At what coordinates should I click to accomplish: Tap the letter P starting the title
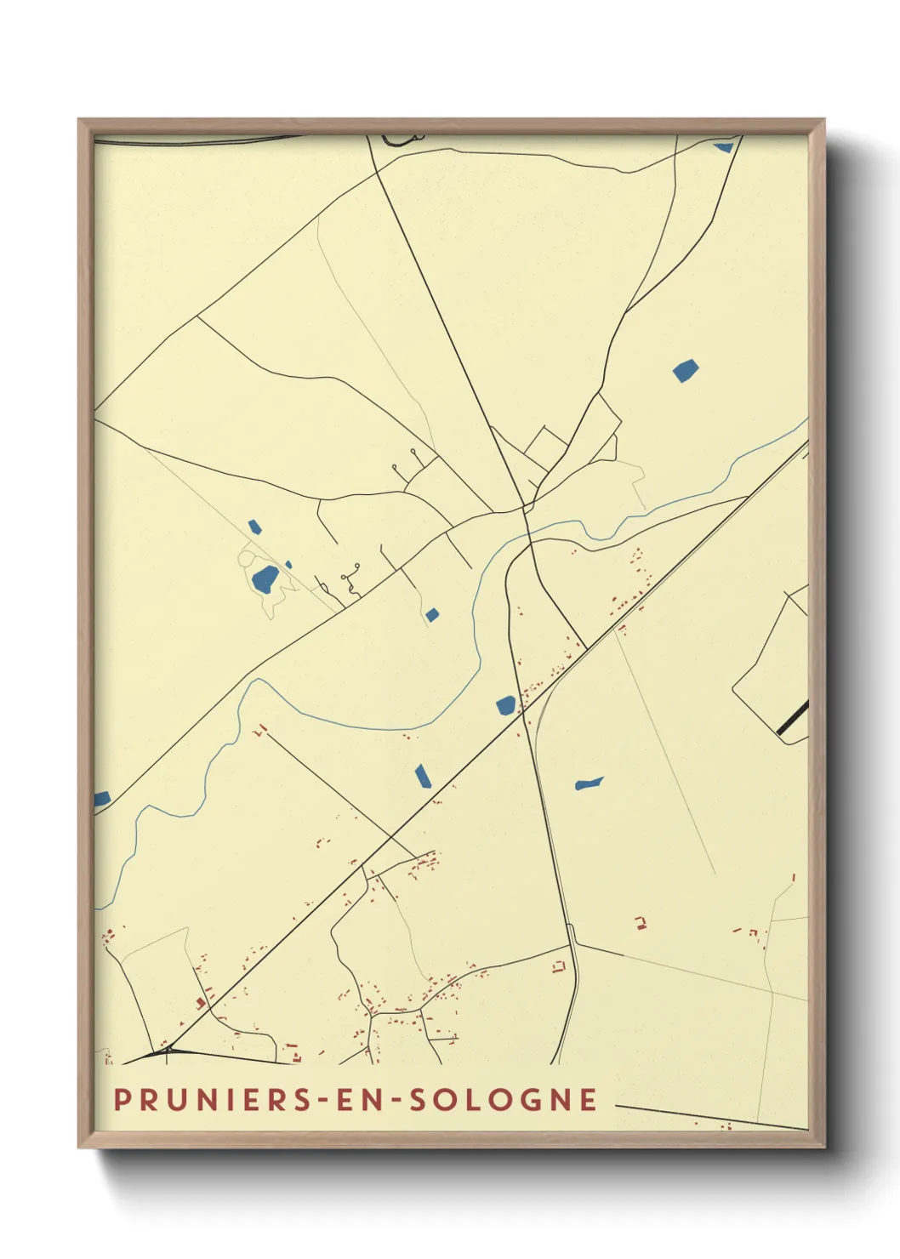[x=121, y=1099]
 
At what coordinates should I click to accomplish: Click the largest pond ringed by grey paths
[x=265, y=579]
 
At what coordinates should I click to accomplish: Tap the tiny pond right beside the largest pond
[x=288, y=564]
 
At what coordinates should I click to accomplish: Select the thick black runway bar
[x=793, y=717]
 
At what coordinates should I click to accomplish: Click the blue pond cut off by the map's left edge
[x=101, y=799]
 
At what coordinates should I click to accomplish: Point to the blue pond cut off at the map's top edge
[x=724, y=146]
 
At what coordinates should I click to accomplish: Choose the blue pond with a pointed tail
[x=588, y=783]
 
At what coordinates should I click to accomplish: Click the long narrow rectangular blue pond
[x=421, y=776]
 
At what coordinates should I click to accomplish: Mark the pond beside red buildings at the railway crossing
[x=506, y=705]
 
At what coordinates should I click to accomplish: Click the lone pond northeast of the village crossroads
[x=686, y=370]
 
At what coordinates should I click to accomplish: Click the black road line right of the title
[x=710, y=1117]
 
